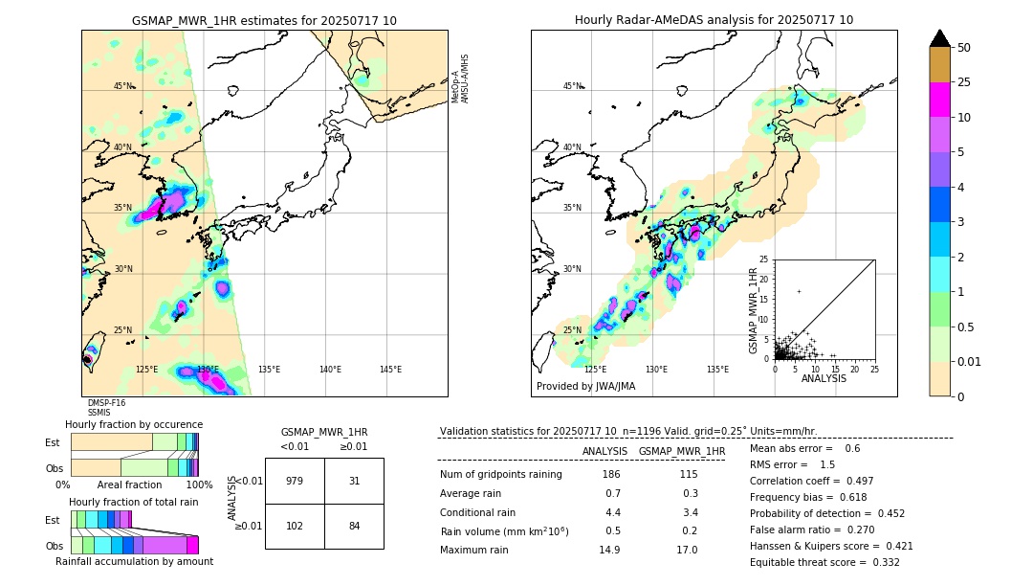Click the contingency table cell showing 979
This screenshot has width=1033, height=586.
point(295,481)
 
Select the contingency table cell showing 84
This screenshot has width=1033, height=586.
point(354,525)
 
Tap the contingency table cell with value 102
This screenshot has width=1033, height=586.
point(295,525)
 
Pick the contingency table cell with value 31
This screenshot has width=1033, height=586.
point(354,481)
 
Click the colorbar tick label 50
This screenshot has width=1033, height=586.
point(964,47)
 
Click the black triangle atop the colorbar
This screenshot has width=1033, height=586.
point(940,38)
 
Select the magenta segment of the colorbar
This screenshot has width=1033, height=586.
point(940,100)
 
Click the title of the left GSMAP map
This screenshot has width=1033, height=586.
point(264,20)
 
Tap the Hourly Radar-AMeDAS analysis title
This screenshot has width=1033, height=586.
point(714,20)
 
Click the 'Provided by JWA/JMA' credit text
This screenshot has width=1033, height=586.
point(585,387)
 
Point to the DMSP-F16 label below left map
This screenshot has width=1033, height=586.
point(106,403)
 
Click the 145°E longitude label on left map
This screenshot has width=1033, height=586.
point(390,370)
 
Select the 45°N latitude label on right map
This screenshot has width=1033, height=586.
point(572,86)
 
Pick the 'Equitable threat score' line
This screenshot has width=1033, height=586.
point(824,562)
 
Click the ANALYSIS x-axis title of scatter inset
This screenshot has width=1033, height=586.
point(824,378)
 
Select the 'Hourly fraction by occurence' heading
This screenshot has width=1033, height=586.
point(134,424)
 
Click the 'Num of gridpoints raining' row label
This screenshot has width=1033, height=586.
point(500,475)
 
